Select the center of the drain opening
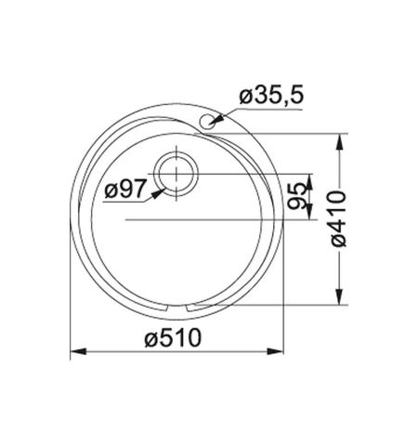(x=176, y=174)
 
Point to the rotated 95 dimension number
(x=298, y=197)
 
